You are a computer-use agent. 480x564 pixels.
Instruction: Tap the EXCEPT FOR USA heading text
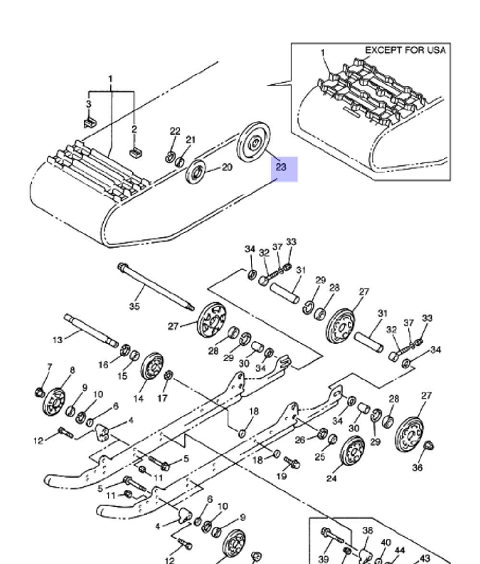click(406, 50)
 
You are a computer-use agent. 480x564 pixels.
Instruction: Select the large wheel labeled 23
click(254, 142)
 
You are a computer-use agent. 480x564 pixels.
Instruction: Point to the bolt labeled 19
click(292, 462)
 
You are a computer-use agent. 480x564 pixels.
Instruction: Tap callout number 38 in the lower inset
click(368, 530)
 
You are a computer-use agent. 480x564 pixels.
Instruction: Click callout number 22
click(175, 131)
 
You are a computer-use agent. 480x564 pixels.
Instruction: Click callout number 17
click(162, 398)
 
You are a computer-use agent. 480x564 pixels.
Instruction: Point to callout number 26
click(300, 440)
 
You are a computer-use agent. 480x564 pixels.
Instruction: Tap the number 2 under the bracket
click(134, 129)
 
